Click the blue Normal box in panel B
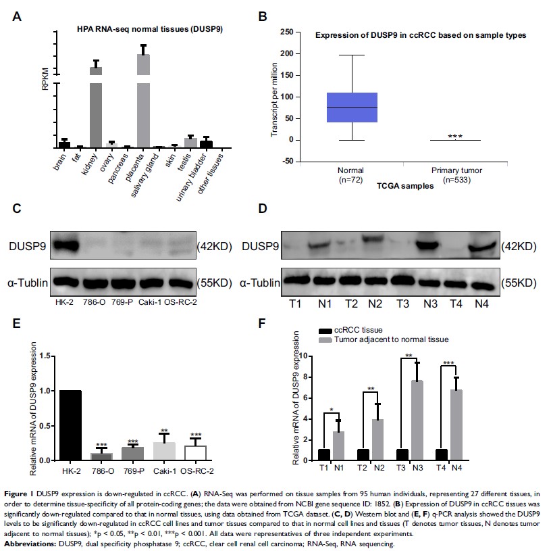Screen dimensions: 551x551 352,107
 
